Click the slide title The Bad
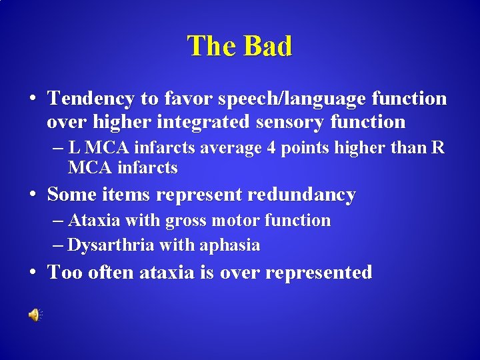tap(240, 46)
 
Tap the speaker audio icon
tap(33, 315)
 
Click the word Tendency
tap(91, 99)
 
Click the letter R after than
tap(437, 147)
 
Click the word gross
tap(191, 220)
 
